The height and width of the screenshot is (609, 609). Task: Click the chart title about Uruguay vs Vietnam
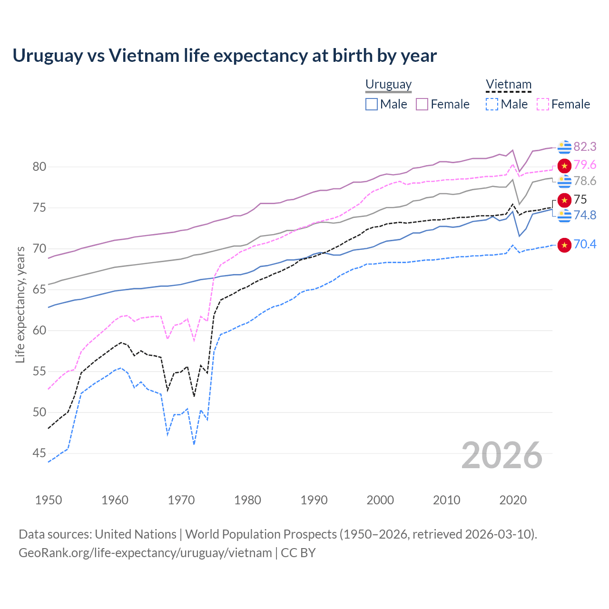tap(225, 56)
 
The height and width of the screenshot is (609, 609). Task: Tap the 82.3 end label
tap(585, 147)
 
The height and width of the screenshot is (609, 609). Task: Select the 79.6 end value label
tap(585, 165)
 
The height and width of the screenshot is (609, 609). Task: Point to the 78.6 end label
tap(585, 181)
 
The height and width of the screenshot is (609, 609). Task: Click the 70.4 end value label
tap(585, 245)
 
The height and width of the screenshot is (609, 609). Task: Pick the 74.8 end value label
tap(585, 216)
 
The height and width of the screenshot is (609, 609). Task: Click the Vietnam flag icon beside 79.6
tap(564, 166)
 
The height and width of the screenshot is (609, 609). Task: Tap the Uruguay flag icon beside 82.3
tap(564, 147)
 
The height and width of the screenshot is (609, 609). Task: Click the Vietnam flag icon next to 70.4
tap(564, 245)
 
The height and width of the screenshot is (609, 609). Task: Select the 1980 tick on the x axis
tap(247, 500)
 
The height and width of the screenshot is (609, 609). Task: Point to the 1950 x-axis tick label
tap(49, 500)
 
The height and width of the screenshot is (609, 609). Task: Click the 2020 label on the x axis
tap(513, 500)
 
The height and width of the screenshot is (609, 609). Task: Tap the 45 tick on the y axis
tap(39, 453)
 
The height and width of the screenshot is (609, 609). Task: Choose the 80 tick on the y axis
tap(39, 167)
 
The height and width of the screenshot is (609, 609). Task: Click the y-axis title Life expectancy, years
tap(20, 304)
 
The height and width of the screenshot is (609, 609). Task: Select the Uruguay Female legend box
tap(422, 104)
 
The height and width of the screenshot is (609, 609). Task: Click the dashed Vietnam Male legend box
tap(492, 104)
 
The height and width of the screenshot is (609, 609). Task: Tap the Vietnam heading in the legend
tap(508, 84)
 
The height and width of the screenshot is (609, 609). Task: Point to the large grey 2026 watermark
tap(502, 455)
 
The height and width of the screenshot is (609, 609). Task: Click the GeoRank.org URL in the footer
tap(145, 553)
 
